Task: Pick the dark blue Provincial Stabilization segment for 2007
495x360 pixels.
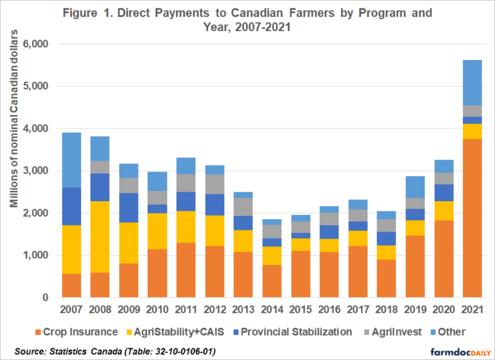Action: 71,206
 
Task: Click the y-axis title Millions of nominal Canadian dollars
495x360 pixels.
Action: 14,171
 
